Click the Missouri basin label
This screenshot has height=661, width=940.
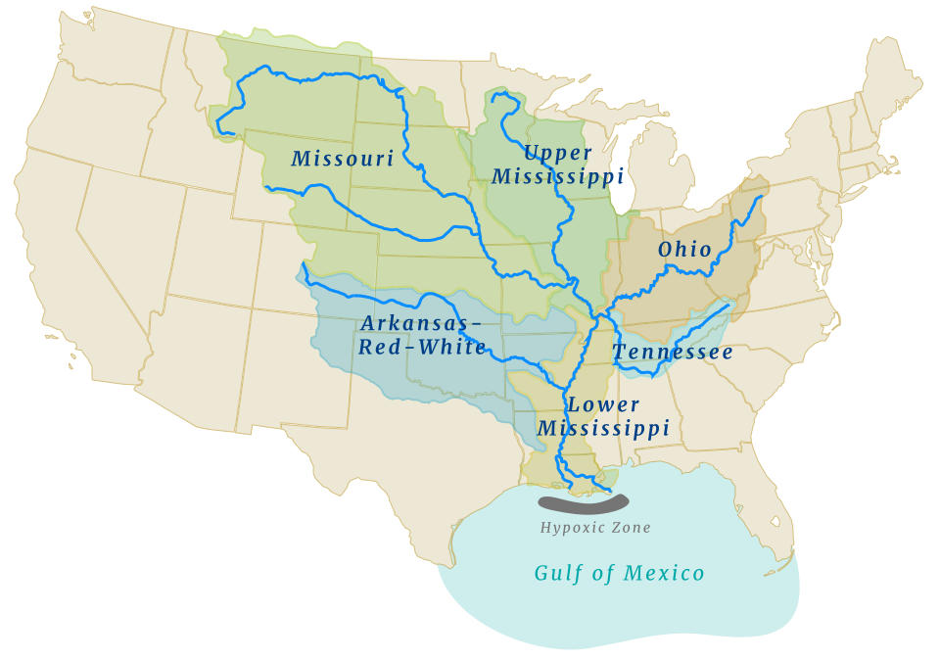point(343,159)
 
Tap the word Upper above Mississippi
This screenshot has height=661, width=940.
point(558,153)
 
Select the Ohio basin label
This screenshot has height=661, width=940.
point(685,250)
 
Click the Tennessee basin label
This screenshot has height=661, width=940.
point(673,353)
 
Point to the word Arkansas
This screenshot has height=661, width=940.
point(421,323)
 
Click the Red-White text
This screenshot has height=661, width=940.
point(422,348)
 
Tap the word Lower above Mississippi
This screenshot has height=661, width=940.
point(604,404)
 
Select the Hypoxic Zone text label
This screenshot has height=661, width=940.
point(595,528)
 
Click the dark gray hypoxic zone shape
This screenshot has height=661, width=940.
point(584,505)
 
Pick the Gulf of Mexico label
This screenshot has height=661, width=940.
point(619,574)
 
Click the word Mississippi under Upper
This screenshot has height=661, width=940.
point(558,176)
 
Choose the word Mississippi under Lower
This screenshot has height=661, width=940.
point(604,429)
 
